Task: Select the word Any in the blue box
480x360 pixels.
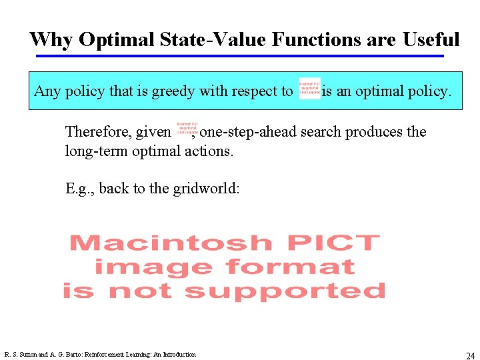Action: tap(47, 91)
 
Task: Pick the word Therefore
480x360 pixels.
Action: tap(98, 132)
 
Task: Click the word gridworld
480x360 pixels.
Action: tap(206, 189)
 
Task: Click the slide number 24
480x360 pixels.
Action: tap(470, 356)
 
